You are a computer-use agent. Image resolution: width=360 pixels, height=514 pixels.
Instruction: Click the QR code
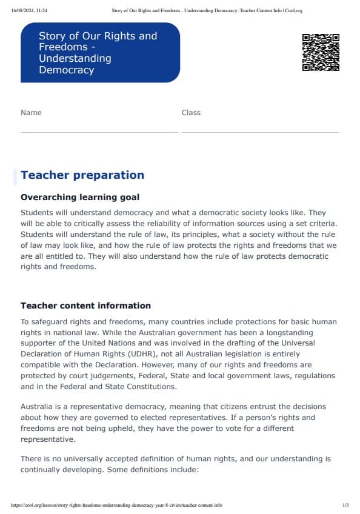point(320,52)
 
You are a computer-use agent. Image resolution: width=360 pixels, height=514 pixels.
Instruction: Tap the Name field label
point(32,113)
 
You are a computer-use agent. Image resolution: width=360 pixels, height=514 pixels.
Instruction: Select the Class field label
point(191,113)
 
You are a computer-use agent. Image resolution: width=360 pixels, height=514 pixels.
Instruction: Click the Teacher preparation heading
point(82,175)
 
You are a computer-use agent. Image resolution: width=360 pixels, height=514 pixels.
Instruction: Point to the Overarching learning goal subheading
point(80,197)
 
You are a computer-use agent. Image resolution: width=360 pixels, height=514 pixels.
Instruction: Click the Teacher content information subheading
point(85,305)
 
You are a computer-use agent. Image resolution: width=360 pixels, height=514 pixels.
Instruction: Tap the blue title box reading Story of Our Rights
point(100,53)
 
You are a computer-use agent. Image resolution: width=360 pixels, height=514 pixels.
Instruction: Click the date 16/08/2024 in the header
point(22,10)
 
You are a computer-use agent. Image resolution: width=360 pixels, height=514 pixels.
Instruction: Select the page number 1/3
point(345,505)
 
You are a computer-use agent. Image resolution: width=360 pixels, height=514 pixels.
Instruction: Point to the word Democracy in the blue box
point(67,70)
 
